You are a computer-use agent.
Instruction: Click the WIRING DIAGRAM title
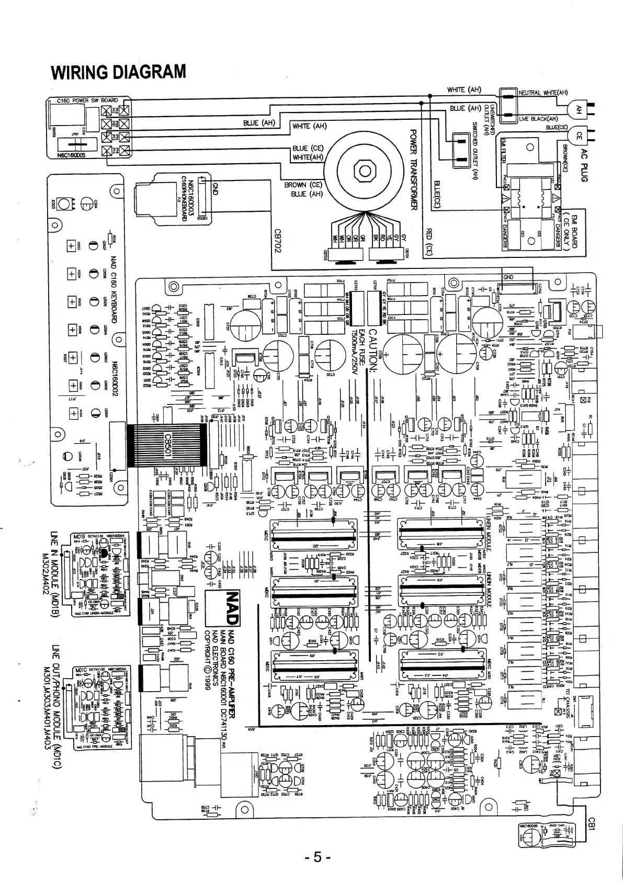[118, 72]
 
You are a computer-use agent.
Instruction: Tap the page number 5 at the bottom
[315, 859]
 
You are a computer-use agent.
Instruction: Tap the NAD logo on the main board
[231, 608]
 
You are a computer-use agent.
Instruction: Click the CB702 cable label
[278, 241]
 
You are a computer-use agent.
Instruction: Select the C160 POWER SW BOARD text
[87, 100]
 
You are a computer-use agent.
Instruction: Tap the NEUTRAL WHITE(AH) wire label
[543, 93]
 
